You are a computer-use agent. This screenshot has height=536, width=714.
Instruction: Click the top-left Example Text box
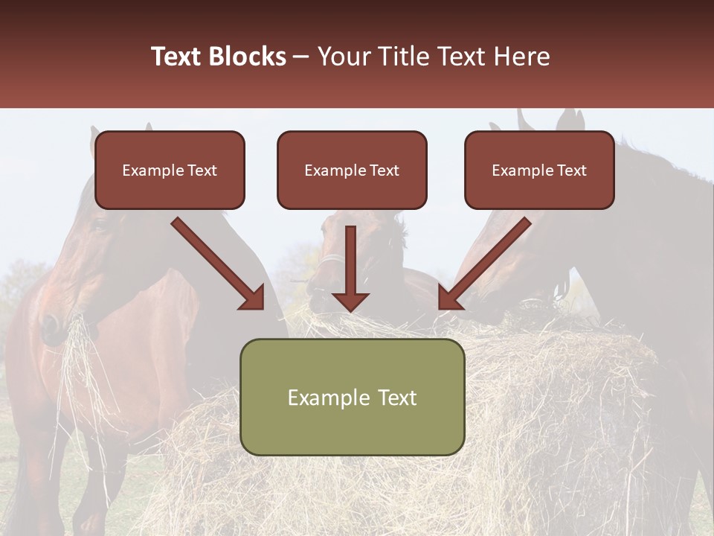click(x=170, y=170)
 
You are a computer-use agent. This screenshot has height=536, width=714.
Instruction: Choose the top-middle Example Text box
click(x=352, y=170)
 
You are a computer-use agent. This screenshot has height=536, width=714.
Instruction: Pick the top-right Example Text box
click(x=539, y=170)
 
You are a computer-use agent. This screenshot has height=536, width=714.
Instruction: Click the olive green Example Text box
click(x=352, y=397)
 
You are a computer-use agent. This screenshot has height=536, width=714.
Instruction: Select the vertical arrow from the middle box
click(x=350, y=268)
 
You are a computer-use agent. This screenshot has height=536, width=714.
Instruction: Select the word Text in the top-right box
click(x=571, y=170)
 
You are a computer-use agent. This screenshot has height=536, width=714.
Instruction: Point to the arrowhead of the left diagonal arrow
click(x=253, y=299)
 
